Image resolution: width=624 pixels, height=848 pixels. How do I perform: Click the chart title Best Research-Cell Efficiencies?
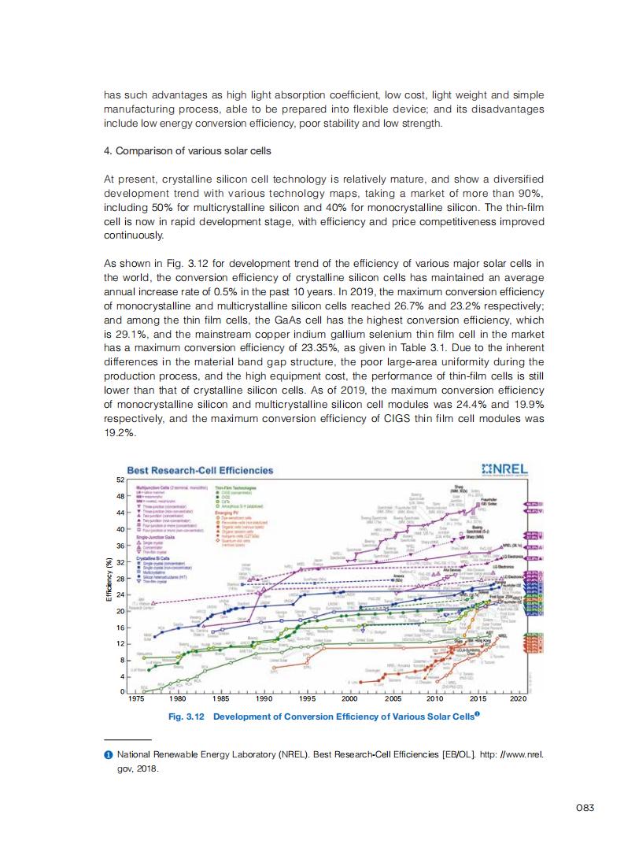tap(201, 470)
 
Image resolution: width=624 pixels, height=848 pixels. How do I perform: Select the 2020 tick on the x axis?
tap(519, 698)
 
